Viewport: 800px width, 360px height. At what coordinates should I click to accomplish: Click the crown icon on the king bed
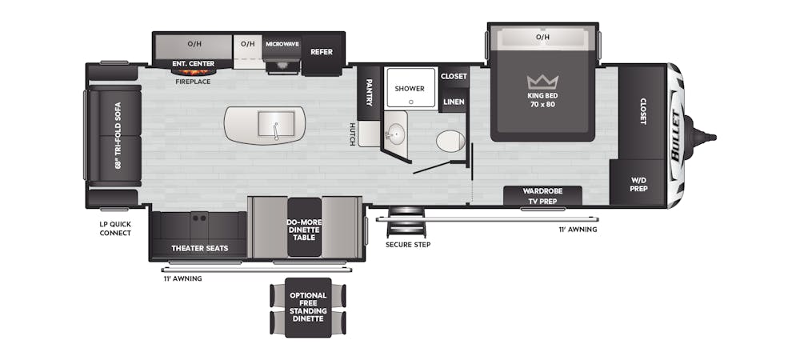[x=542, y=82]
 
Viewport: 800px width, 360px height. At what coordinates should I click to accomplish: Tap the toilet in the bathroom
[x=450, y=142]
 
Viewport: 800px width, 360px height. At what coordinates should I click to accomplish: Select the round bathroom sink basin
[x=394, y=135]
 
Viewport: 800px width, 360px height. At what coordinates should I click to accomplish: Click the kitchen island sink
[x=276, y=124]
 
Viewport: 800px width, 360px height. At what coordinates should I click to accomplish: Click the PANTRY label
[x=369, y=92]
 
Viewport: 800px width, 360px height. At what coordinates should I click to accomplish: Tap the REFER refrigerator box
[x=322, y=51]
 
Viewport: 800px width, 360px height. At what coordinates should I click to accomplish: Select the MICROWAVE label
[x=282, y=44]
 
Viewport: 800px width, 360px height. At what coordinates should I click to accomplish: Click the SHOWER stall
[x=411, y=88]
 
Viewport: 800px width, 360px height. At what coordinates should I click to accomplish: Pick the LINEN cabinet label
[x=454, y=102]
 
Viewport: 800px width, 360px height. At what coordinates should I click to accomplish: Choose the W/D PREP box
[x=638, y=183]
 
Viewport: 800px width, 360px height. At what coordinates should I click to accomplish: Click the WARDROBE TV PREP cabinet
[x=542, y=196]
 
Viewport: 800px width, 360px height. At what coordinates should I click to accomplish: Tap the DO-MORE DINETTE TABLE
[x=305, y=227]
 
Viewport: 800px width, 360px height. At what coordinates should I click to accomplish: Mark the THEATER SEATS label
[x=199, y=248]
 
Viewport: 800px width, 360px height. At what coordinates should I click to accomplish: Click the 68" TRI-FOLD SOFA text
[x=118, y=136]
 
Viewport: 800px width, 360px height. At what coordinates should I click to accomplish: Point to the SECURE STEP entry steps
[x=406, y=222]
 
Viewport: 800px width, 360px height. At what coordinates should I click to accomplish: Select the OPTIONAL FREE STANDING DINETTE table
[x=308, y=307]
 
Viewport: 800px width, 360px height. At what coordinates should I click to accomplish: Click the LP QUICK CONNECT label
[x=115, y=229]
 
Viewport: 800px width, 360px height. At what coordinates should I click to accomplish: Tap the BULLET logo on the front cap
[x=678, y=136]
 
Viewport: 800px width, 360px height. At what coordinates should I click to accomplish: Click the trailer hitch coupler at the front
[x=702, y=137]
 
